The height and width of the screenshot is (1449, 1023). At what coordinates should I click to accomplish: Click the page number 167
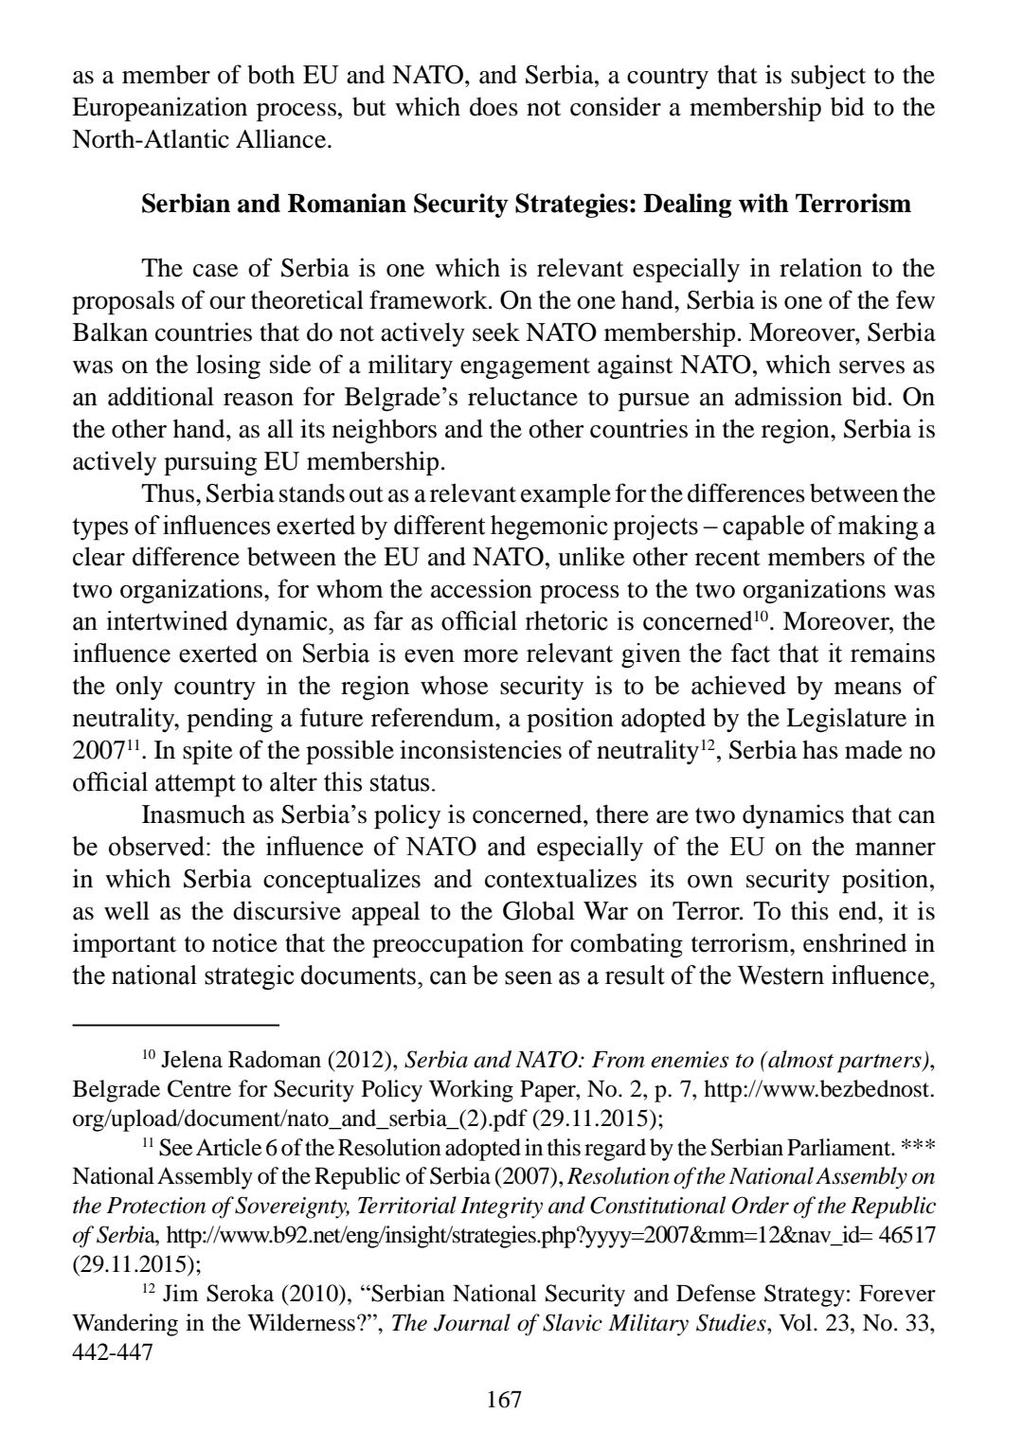pos(504,1399)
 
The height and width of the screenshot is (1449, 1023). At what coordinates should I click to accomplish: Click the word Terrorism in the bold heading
pos(853,204)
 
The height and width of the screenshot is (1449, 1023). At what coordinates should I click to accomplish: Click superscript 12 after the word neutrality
pos(707,745)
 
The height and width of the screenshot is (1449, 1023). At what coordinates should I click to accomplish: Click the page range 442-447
pos(112,1353)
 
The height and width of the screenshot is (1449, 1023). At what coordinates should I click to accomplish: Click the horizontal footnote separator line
pos(176,1024)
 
